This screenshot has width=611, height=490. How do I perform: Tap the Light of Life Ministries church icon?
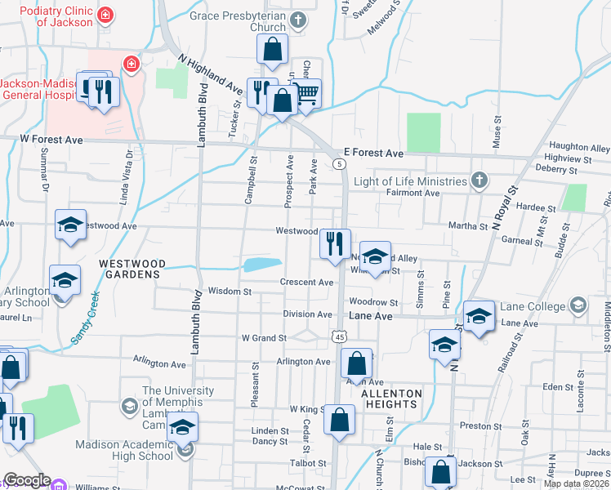(x=479, y=180)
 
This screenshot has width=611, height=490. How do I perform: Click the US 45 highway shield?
(x=340, y=336)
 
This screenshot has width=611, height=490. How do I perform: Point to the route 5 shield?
(x=337, y=165)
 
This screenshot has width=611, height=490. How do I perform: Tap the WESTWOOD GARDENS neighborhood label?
(x=132, y=269)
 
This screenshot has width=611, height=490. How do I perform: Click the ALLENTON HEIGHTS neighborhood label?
(x=392, y=399)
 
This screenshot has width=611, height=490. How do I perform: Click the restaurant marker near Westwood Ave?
(x=335, y=243)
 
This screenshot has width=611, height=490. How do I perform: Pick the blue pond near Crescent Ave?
(x=262, y=264)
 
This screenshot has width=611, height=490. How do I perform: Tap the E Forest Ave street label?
(x=373, y=153)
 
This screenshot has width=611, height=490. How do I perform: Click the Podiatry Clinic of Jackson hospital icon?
(x=105, y=15)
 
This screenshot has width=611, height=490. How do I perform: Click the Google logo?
(x=27, y=480)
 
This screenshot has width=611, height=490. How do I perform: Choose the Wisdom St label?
(x=230, y=291)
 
